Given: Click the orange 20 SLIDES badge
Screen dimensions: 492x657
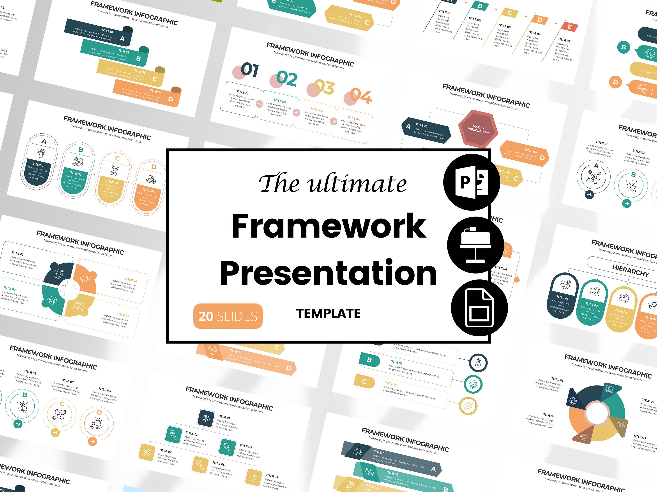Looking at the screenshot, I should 228,316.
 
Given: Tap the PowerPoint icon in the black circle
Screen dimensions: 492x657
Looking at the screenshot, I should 472,182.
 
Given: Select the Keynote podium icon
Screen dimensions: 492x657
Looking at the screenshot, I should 475,245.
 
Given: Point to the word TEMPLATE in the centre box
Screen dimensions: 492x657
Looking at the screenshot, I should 328,314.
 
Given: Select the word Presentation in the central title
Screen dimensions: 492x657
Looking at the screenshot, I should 328,273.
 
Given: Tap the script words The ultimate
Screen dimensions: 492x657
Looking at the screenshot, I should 333,183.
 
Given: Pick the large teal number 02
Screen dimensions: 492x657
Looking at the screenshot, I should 287,79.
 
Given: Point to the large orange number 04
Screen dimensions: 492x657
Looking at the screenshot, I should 360,96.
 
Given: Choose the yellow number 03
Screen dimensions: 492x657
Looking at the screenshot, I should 324,87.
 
